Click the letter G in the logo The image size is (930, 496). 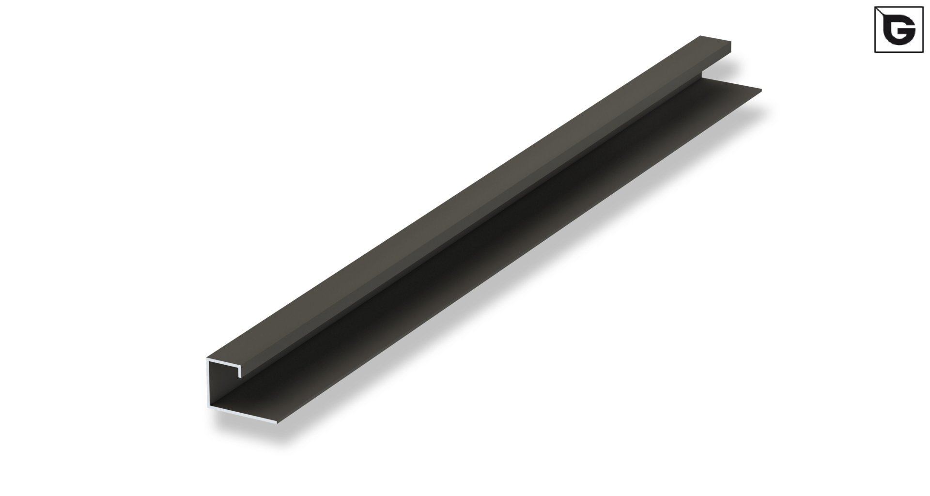pyautogui.click(x=899, y=30)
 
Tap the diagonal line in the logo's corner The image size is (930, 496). pyautogui.click(x=882, y=14)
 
